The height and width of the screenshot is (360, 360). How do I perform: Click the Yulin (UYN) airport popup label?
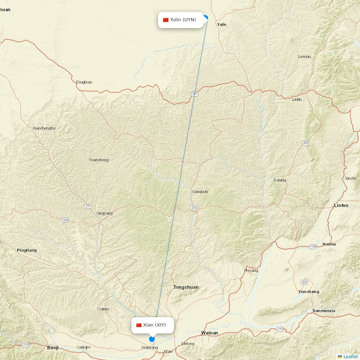pyautogui.click(x=181, y=20)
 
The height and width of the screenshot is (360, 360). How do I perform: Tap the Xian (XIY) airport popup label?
pyautogui.click(x=152, y=325)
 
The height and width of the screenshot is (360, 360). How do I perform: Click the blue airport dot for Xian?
pyautogui.click(x=152, y=339)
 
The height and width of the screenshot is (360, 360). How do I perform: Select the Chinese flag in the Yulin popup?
pyautogui.click(x=166, y=20)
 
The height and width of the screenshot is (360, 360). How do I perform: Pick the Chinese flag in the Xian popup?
pyautogui.click(x=139, y=325)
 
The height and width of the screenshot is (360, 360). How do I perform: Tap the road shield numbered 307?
pyautogui.click(x=195, y=94)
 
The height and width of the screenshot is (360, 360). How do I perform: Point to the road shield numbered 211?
pyautogui.click(x=88, y=206)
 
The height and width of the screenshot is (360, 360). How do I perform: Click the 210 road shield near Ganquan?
pyautogui.click(x=194, y=208)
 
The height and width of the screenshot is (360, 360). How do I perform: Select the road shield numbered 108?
pyautogui.click(x=313, y=247)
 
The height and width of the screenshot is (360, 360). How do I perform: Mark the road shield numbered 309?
pyautogui.click(x=65, y=220)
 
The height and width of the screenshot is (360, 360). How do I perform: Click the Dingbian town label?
pyautogui.click(x=84, y=82)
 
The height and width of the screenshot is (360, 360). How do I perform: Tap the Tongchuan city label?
pyautogui.click(x=186, y=287)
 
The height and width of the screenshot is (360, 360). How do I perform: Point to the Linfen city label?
pyautogui.click(x=341, y=206)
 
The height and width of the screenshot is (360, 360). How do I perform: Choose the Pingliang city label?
pyautogui.click(x=27, y=250)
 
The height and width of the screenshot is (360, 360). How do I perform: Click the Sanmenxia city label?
pyautogui.click(x=324, y=311)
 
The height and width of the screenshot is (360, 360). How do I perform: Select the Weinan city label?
pyautogui.click(x=210, y=333)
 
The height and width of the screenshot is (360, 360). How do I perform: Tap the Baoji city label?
pyautogui.click(x=53, y=348)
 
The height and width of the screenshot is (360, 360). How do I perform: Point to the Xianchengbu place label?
pyautogui.click(x=44, y=128)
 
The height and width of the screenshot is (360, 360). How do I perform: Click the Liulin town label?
pyautogui.click(x=297, y=99)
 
